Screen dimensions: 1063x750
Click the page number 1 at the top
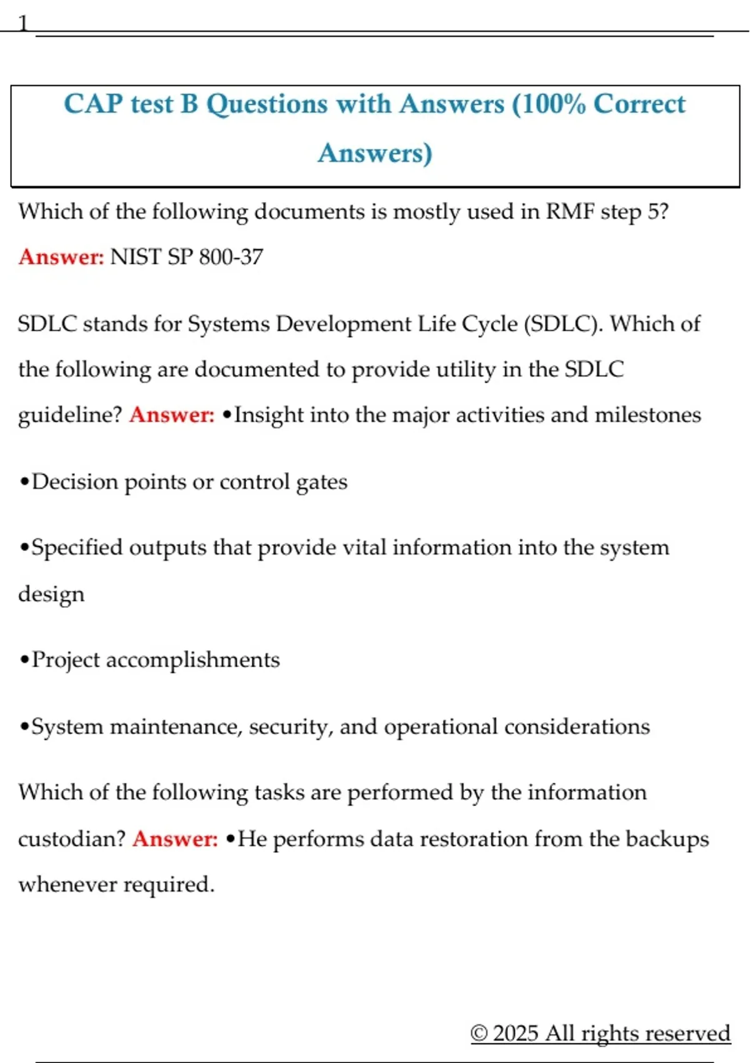[23, 24]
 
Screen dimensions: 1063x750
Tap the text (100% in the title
[549, 104]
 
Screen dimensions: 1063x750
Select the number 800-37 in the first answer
[231, 257]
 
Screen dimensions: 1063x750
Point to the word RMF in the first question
[570, 211]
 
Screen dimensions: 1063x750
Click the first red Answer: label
[61, 257]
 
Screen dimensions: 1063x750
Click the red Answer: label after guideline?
[172, 415]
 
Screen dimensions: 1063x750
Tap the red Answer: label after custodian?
[175, 839]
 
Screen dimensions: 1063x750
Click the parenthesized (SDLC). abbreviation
[563, 324]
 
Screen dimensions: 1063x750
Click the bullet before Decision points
[24, 482]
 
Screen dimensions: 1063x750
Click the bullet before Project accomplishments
[24, 660]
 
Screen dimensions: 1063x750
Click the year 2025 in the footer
[515, 1033]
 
